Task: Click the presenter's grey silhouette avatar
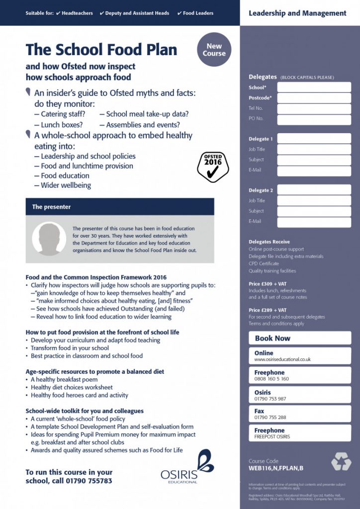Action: [x=49, y=238]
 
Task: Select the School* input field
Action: [x=314, y=87]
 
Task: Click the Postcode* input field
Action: [x=314, y=98]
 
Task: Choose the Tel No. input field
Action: [x=314, y=108]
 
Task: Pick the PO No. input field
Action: [x=314, y=119]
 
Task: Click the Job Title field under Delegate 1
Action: [x=314, y=149]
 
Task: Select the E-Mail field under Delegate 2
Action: [x=314, y=222]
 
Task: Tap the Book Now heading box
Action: [x=300, y=338]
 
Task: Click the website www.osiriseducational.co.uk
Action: [x=282, y=359]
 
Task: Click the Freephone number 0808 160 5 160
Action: [x=271, y=379]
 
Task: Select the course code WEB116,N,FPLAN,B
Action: [x=276, y=468]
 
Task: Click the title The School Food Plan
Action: [x=101, y=50]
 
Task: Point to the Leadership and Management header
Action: [x=297, y=13]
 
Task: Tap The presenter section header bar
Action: [x=120, y=207]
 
